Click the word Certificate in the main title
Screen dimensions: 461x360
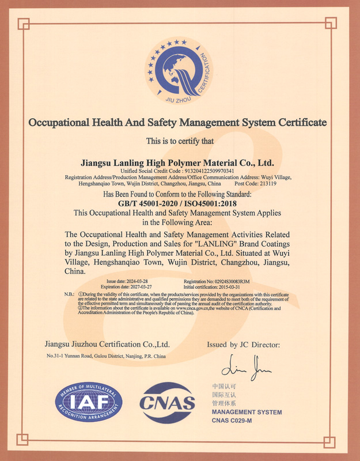pyautogui.click(x=294, y=122)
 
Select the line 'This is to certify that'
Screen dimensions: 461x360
pyautogui.click(x=180, y=141)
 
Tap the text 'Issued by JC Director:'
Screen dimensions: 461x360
pyautogui.click(x=243, y=345)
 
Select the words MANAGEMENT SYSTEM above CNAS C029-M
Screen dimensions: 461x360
pyautogui.click(x=247, y=412)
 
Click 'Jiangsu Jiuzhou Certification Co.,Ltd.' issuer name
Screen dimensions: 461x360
pyautogui.click(x=107, y=344)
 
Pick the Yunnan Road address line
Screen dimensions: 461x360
pyautogui.click(x=106, y=357)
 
